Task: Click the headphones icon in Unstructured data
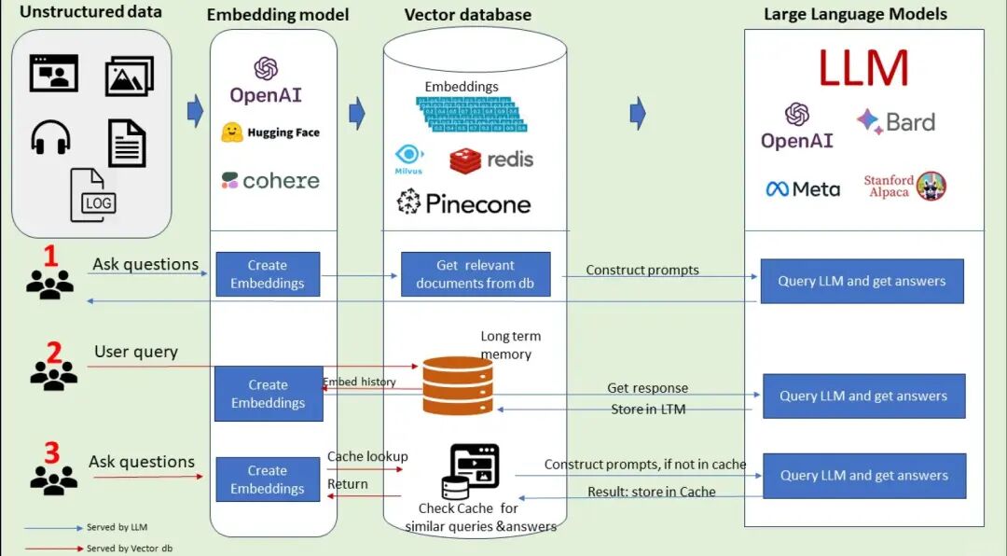50,138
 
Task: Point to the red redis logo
491,160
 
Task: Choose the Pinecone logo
463,202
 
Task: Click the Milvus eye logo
408,158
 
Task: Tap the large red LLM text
863,68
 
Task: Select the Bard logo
895,122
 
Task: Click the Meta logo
802,188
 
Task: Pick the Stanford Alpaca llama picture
931,186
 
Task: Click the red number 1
50,256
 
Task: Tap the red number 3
51,452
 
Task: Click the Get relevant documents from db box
476,274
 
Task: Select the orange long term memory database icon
458,384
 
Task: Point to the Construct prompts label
642,270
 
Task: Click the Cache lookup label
367,456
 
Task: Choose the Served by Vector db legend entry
129,549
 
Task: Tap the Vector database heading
468,15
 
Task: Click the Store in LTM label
648,409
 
